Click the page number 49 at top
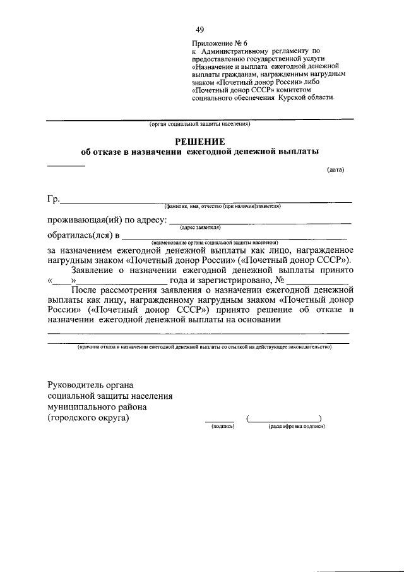click(x=200, y=30)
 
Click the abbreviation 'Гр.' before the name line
click(x=53, y=200)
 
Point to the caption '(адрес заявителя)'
click(x=200, y=227)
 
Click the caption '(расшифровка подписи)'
click(x=296, y=427)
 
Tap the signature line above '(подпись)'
click(x=219, y=420)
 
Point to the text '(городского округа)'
click(x=88, y=418)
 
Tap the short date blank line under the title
click(x=66, y=165)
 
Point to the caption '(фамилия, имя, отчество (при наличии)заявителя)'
click(x=222, y=206)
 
